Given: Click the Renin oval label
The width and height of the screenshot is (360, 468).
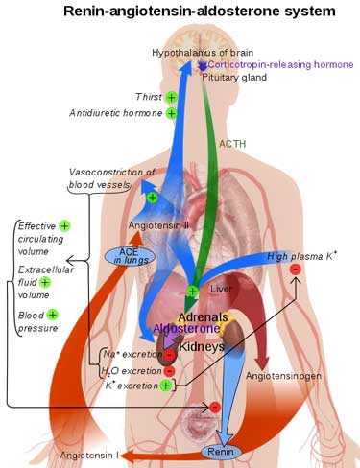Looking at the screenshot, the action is pos(221,452).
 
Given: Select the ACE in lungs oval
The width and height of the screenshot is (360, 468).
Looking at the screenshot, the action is pos(130,256).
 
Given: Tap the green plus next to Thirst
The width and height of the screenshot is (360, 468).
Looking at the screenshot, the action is pos(172,97).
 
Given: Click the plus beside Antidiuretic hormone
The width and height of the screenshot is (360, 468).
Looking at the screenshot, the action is pos(172,113).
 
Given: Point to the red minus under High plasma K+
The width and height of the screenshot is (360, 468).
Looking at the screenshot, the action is pos(296,269).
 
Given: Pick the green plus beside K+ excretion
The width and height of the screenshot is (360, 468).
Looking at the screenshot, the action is pos(165,386).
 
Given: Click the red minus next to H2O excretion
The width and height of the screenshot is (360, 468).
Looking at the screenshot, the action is pos(169,371).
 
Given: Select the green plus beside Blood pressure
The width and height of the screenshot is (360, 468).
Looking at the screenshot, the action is pos(53,315).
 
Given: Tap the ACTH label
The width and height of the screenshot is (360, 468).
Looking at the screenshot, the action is pos(232,144).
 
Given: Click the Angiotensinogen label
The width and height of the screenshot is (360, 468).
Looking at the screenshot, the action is pos(283,376).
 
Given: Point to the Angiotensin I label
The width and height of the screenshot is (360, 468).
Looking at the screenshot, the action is pos(89,455).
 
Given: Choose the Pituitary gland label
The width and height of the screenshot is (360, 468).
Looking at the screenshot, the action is pos(234,78).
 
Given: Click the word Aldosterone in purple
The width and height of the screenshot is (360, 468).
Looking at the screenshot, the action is pos(186,329).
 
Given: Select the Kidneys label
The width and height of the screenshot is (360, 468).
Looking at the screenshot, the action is pos(202,346).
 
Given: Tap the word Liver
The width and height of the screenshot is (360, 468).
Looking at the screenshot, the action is pos(221,289).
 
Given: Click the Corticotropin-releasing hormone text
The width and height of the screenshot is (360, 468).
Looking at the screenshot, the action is pos(281,65).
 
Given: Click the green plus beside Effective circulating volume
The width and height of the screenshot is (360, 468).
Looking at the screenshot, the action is pos(64,226).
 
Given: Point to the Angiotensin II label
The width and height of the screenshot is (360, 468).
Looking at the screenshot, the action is pos(158,225).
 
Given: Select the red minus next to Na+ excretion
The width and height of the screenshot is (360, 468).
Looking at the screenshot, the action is pos(170,355).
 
